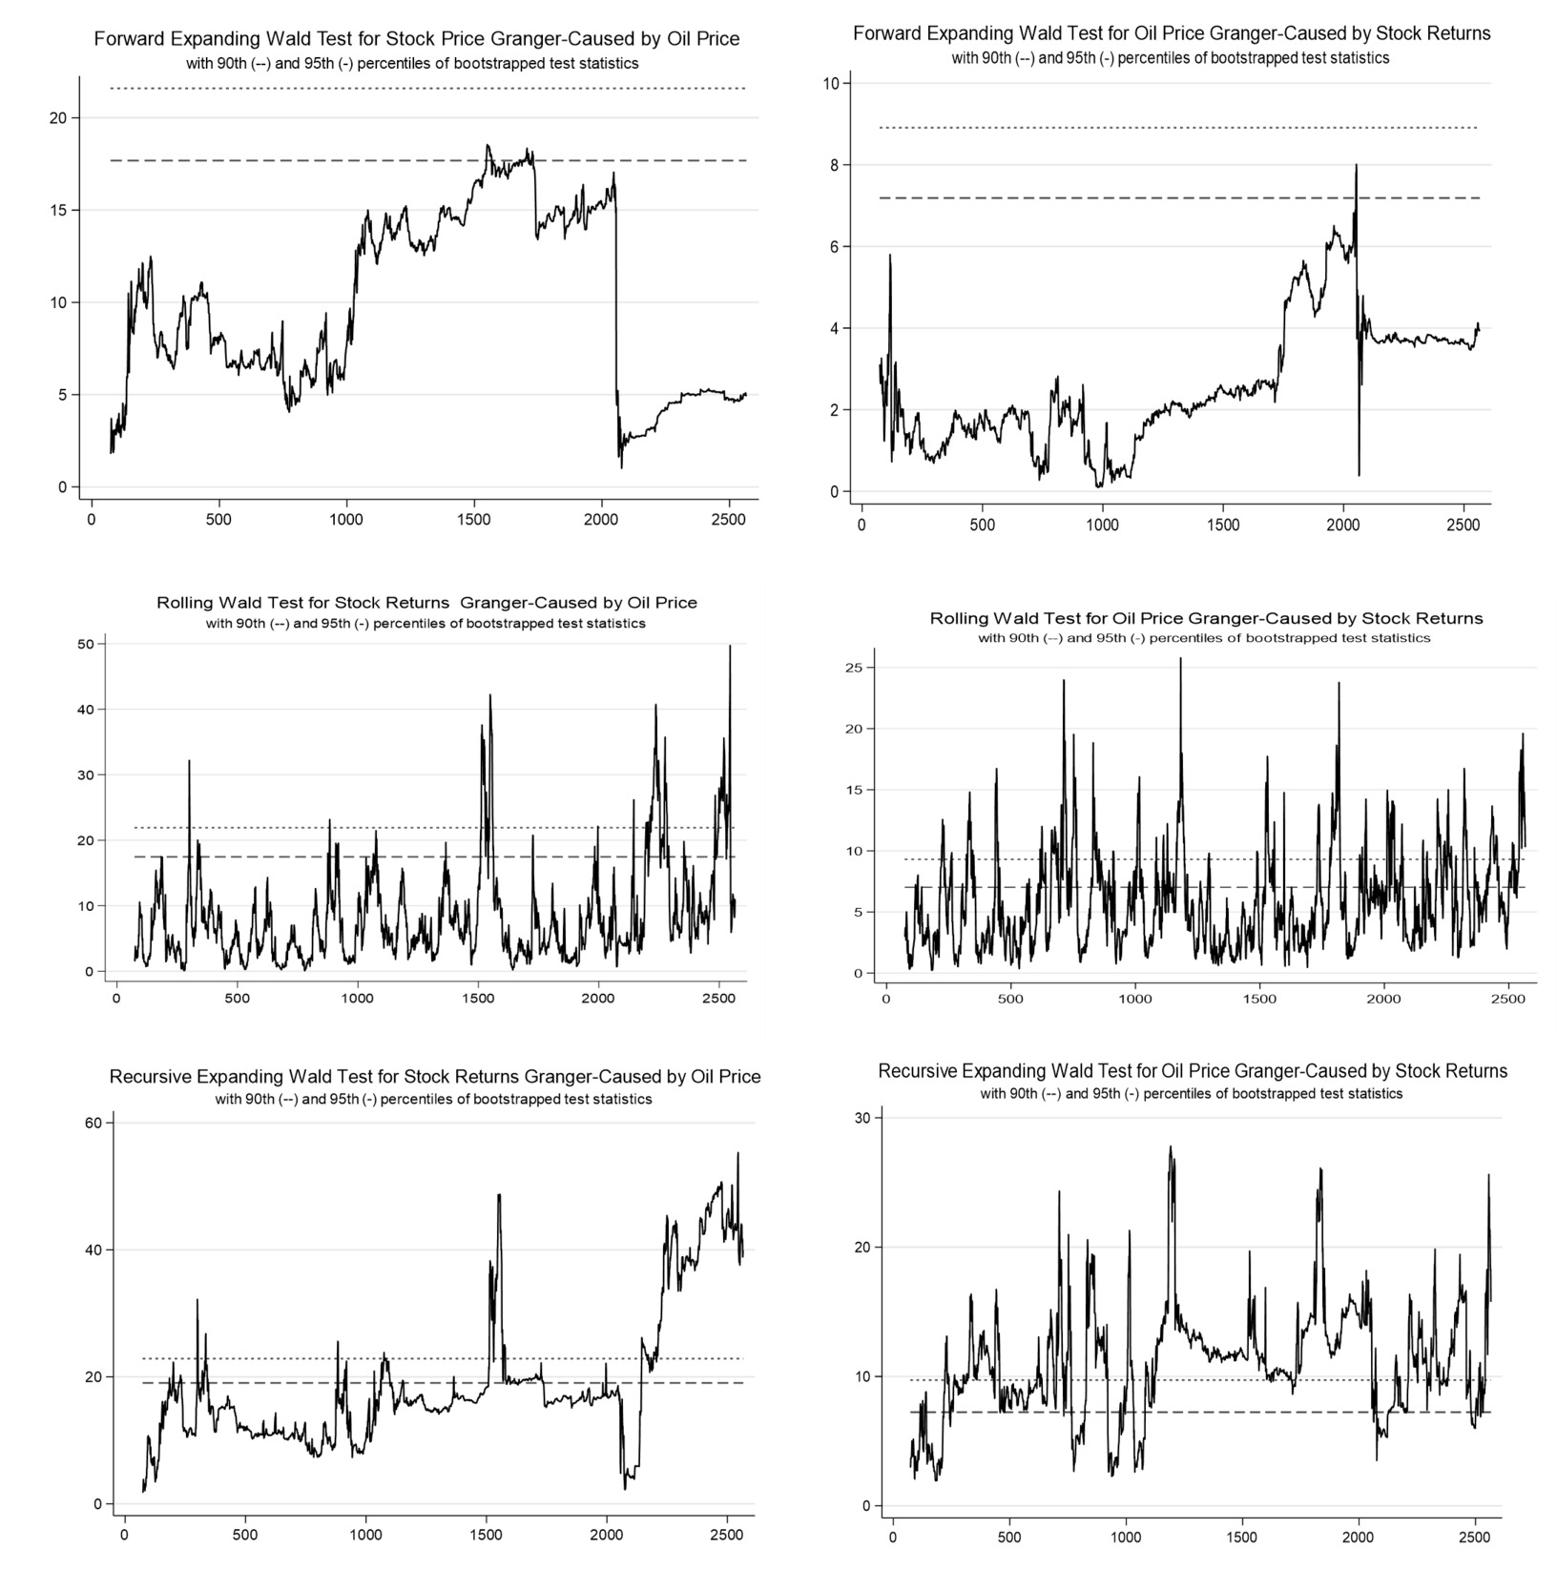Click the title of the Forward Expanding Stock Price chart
[x=416, y=39]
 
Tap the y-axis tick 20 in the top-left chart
[x=57, y=118]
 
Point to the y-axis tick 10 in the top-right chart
[x=830, y=84]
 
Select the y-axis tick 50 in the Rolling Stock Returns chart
[x=86, y=644]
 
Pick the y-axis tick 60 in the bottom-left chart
[x=93, y=1123]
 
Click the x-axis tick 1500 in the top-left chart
[x=473, y=520]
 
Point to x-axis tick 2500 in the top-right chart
[x=1463, y=525]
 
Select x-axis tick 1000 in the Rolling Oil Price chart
[x=1134, y=999]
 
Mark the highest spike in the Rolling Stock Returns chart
[x=730, y=647]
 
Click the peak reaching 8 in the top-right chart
[x=1356, y=166]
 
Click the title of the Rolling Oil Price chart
[x=1206, y=619]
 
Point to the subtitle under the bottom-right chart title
[x=1192, y=1093]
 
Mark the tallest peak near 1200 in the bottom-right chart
[x=1170, y=1147]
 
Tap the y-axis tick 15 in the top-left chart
[x=57, y=211]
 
